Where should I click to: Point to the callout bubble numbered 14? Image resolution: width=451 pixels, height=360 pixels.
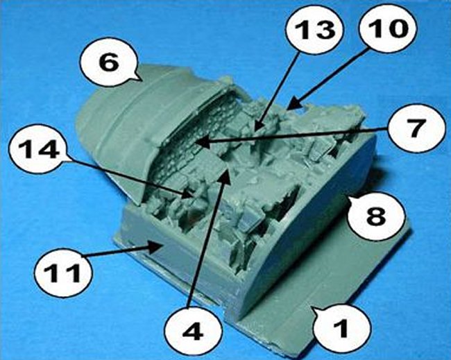click(x=38, y=148)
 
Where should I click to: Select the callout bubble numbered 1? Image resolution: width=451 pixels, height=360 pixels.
click(x=341, y=328)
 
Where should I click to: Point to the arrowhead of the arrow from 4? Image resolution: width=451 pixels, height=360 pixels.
click(x=226, y=175)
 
